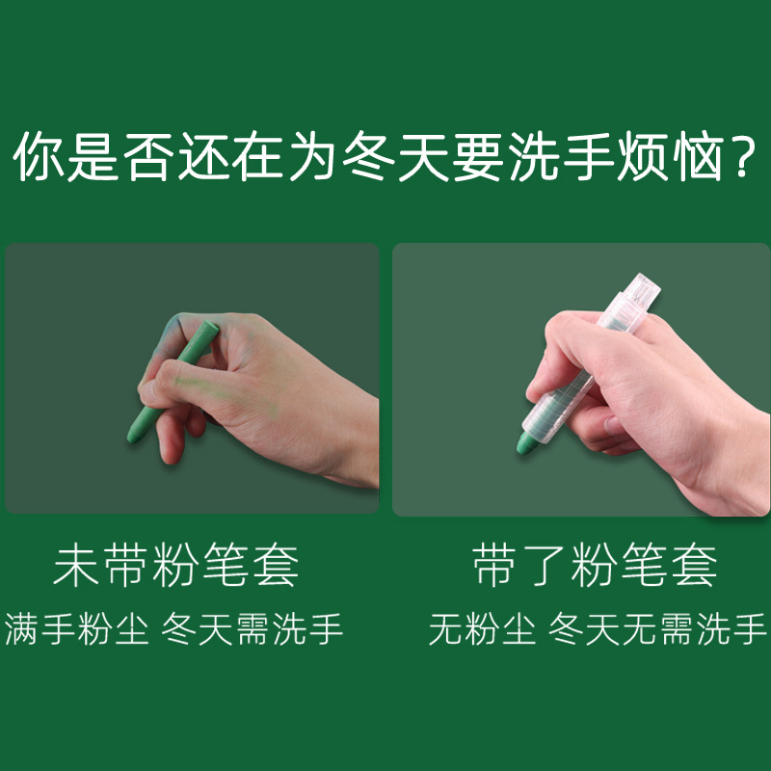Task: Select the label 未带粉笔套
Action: [x=176, y=567]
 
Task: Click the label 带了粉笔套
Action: [x=596, y=567]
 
